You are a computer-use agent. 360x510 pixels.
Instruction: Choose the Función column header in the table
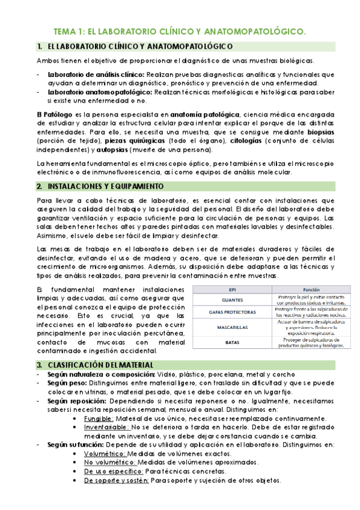[311, 289]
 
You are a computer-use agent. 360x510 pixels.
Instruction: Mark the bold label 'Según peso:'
[65, 383]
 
